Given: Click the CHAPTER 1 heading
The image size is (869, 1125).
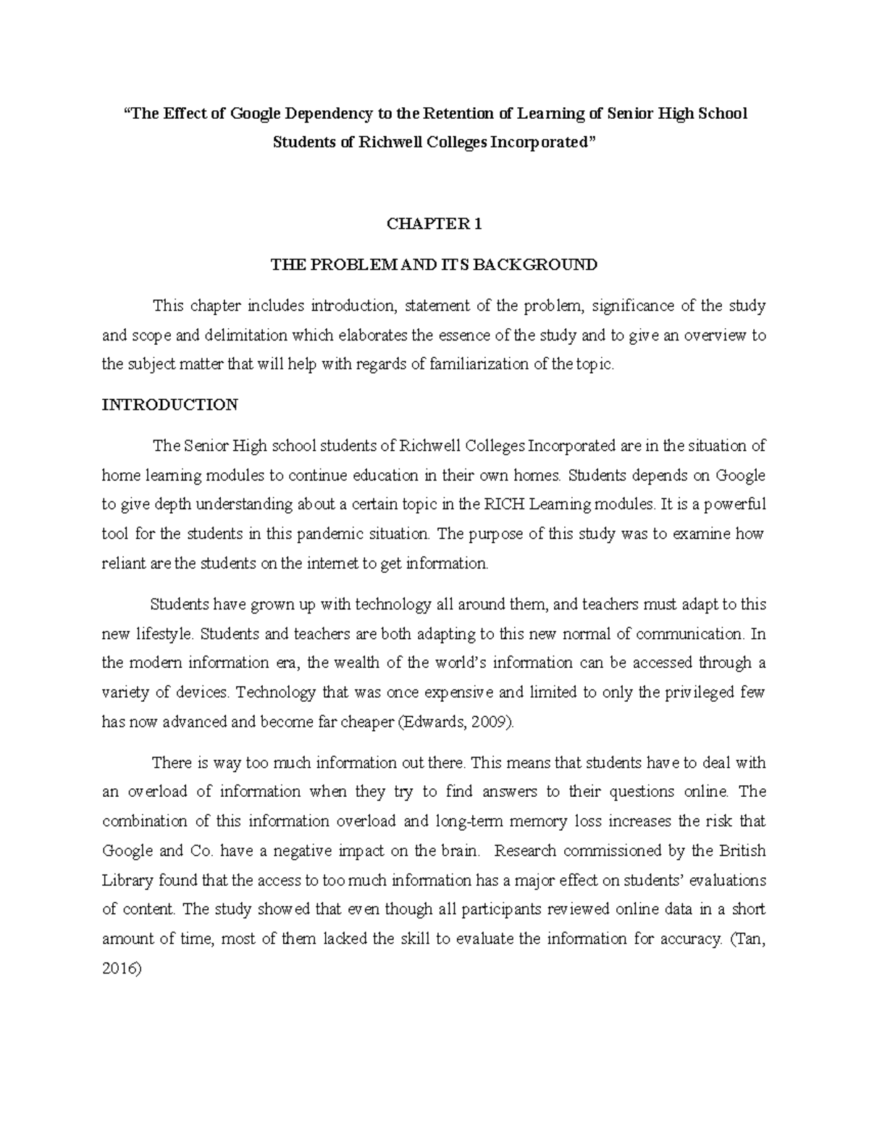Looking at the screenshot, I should pyautogui.click(x=434, y=225).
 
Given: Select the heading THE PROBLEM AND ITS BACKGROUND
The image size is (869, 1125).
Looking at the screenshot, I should pyautogui.click(x=434, y=264).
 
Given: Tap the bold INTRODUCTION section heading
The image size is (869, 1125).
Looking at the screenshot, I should pyautogui.click(x=169, y=404).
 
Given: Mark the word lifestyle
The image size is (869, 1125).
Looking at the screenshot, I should pyautogui.click(x=164, y=634).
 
